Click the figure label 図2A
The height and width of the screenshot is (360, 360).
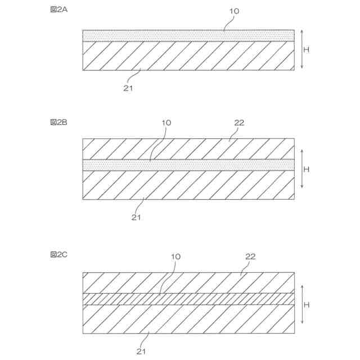click(x=59, y=10)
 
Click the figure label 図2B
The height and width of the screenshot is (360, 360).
click(x=59, y=121)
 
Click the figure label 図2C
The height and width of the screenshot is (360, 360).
click(x=59, y=255)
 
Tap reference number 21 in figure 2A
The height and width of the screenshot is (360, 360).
click(x=128, y=87)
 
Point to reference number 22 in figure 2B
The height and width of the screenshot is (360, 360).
click(x=239, y=122)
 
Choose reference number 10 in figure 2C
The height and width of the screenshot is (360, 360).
click(x=175, y=256)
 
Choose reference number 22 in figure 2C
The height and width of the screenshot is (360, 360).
click(x=251, y=256)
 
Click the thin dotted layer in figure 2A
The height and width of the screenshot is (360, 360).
click(x=188, y=35)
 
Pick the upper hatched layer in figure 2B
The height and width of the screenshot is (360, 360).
click(x=188, y=148)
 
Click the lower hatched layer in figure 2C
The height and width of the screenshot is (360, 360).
click(x=188, y=319)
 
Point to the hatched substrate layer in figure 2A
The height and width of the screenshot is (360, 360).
click(x=188, y=56)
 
